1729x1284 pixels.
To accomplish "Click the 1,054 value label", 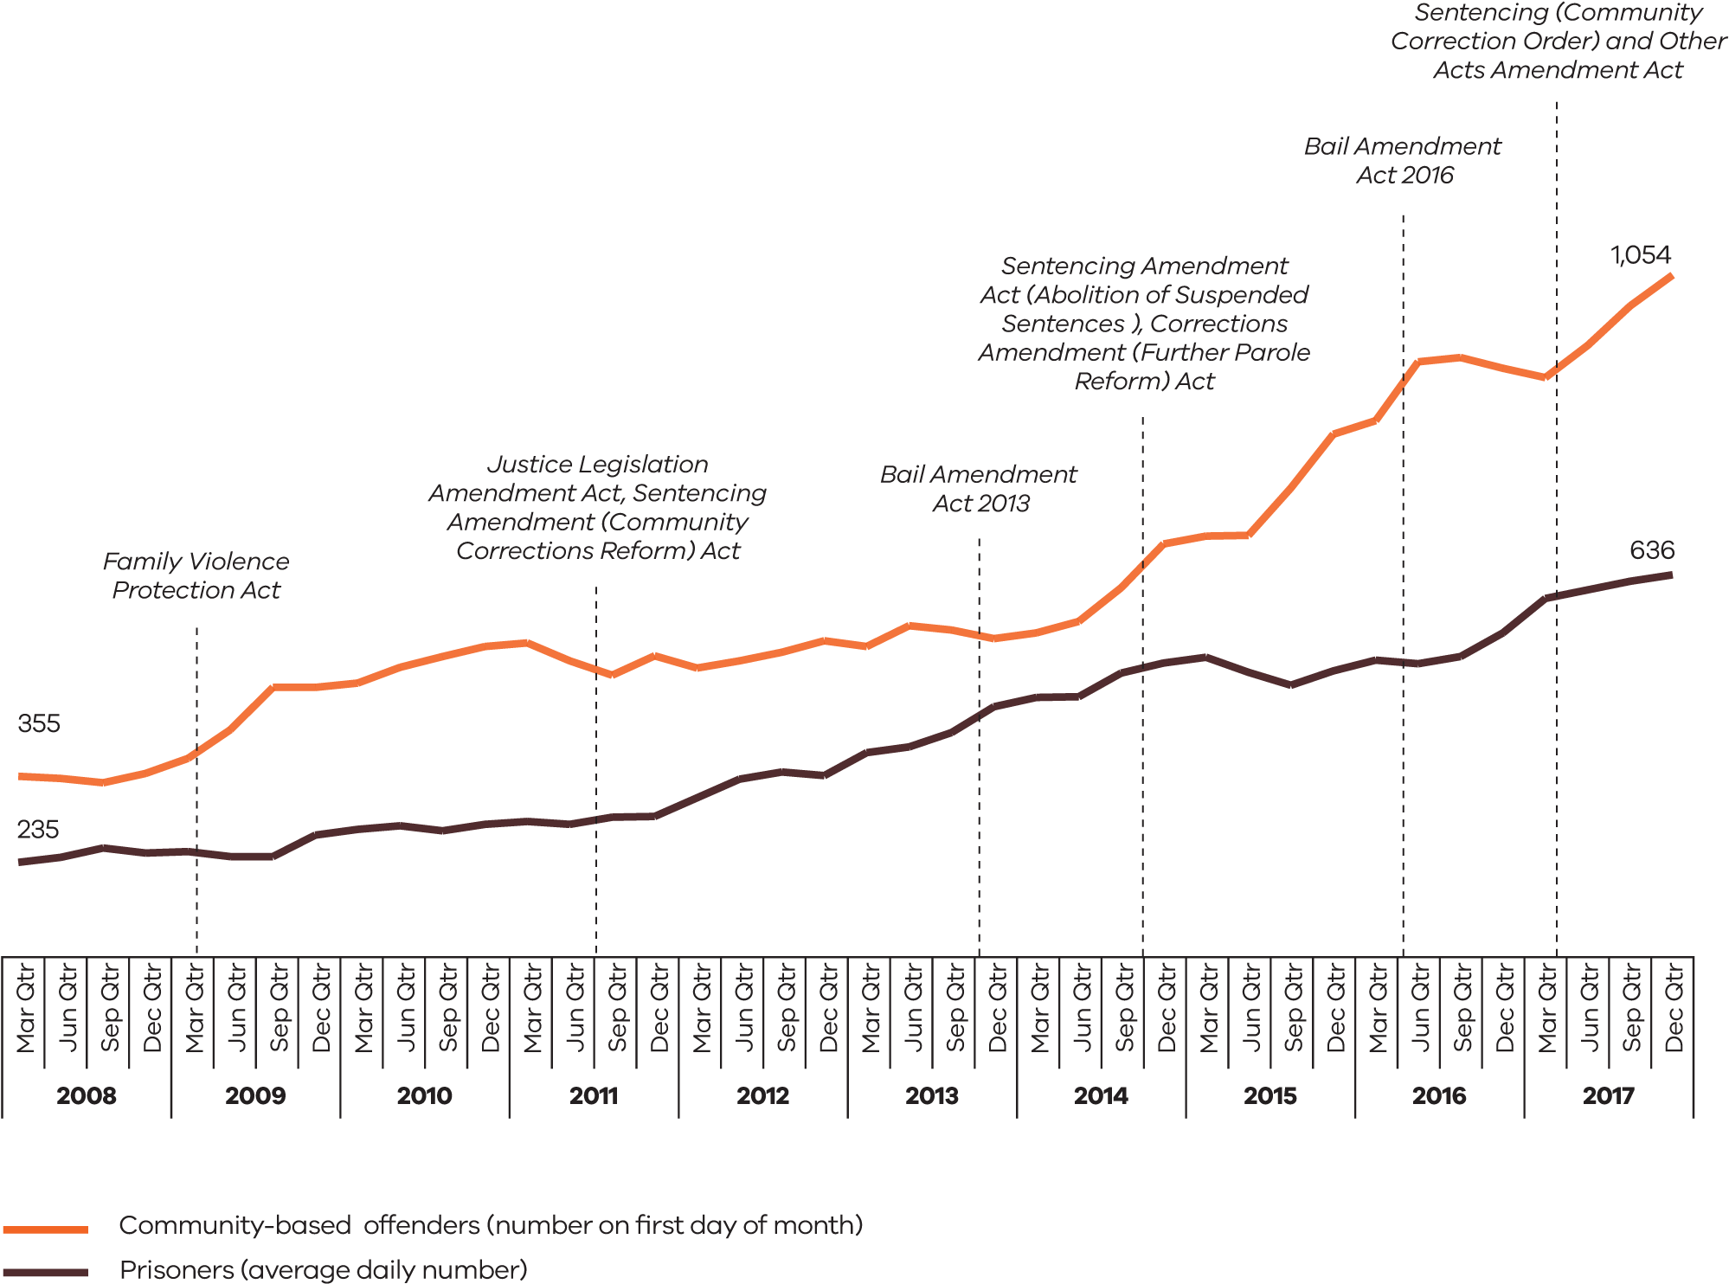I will pos(1640,254).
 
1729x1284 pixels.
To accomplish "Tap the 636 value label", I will pos(1651,549).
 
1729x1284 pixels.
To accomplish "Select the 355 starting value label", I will pos(39,723).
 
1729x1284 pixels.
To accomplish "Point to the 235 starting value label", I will pos(38,829).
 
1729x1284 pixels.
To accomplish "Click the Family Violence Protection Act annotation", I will pos(196,575).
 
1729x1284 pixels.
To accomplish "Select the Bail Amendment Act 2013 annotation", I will pos(979,489).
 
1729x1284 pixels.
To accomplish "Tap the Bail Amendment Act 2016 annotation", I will pos(1403,160).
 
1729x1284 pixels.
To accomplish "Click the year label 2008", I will pos(87,1095).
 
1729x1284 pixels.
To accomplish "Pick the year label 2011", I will pos(594,1095).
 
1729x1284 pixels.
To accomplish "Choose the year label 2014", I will pos(1101,1095).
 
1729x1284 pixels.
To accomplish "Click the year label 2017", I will pos(1608,1095).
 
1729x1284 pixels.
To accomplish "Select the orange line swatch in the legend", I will pos(45,1229).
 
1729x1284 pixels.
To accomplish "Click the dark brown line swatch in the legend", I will pos(45,1272).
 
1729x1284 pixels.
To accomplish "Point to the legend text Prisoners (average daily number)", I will pos(323,1270).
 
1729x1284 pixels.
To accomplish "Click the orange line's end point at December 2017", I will pos(1671,276).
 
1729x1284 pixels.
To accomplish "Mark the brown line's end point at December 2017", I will pos(1671,575).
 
